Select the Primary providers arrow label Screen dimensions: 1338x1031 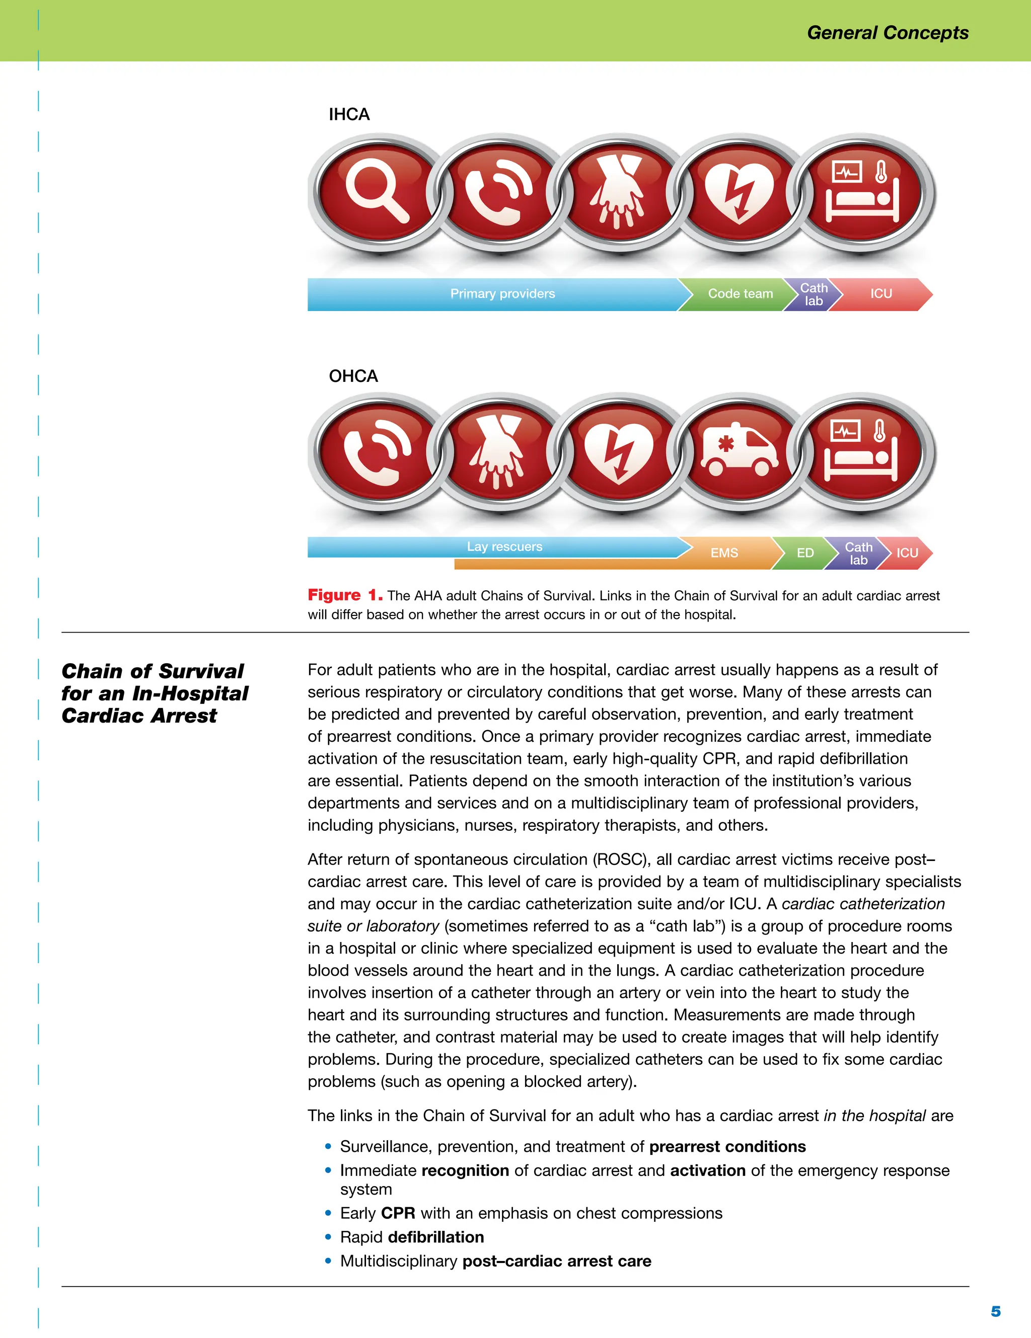pos(502,294)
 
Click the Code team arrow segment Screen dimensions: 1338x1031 pos(740,294)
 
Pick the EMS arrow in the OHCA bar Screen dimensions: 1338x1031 pos(724,553)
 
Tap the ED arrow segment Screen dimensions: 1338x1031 pos(805,553)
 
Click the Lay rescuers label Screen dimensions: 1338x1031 pos(504,546)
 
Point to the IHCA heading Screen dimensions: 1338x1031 pos(349,115)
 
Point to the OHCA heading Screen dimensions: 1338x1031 pos(353,376)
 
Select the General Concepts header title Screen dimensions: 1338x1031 pos(887,33)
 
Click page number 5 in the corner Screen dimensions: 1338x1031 pos(995,1312)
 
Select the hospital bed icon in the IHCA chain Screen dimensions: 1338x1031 pos(861,192)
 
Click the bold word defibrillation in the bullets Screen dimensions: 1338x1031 pos(436,1237)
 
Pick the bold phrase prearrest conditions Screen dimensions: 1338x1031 pos(727,1146)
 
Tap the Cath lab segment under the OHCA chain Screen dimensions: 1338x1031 pos(858,553)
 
